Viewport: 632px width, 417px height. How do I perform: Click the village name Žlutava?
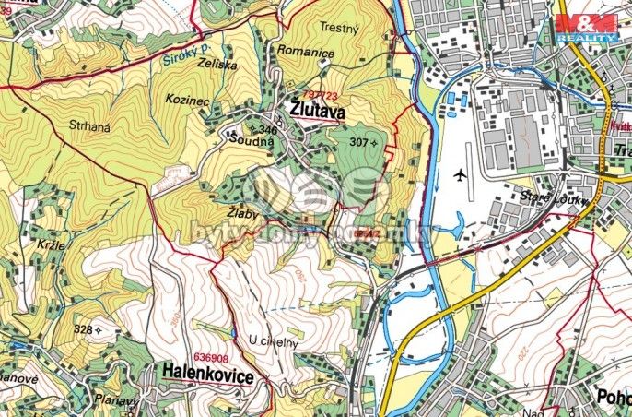point(317,112)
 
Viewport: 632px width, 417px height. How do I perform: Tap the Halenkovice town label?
point(208,372)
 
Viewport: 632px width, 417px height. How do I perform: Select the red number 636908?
point(210,356)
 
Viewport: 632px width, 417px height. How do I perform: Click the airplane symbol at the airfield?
point(461,174)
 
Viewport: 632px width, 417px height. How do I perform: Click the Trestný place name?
point(337,29)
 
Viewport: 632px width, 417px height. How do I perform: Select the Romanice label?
point(306,54)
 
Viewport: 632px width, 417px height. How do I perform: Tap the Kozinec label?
point(185,97)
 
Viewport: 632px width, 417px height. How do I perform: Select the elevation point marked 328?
point(84,328)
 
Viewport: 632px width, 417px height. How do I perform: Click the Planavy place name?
point(116,400)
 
